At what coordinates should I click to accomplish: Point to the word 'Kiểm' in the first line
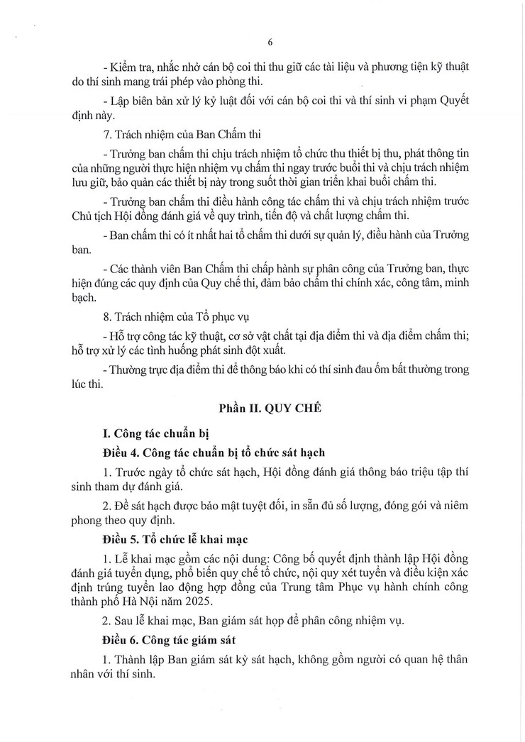point(122,65)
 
